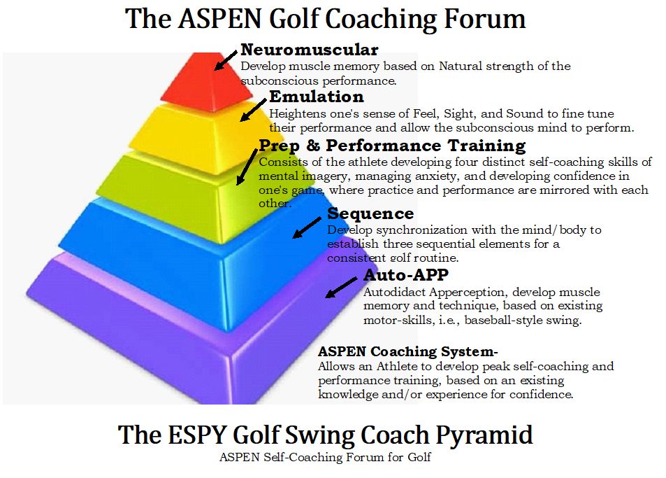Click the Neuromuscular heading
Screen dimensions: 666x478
tap(309, 50)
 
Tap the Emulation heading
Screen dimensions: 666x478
tap(317, 97)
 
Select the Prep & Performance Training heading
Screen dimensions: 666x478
tap(392, 146)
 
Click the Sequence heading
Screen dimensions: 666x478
tap(370, 213)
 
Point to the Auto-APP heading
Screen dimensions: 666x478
tap(406, 275)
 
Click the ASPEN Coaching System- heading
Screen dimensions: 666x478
tap(407, 352)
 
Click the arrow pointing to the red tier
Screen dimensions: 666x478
tap(226, 60)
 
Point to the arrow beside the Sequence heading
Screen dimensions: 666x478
tap(307, 227)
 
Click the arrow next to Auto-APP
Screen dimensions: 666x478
tap(341, 288)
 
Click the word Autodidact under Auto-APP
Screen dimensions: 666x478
tap(393, 292)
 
